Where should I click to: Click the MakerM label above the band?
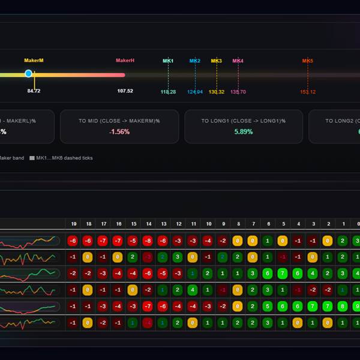coord(34,61)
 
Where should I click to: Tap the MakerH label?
coord(125,61)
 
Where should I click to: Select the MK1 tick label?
coord(168,61)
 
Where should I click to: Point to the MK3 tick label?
coord(217,61)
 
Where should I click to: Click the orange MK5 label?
coord(308,61)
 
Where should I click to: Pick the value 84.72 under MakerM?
coord(34,91)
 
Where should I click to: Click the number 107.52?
coord(125,91)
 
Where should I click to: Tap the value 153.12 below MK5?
coord(308,92)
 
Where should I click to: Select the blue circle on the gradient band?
coord(28,73)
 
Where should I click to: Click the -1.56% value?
coord(119,132)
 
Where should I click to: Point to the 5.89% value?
coord(243,132)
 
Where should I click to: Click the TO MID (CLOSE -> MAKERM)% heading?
coord(119,121)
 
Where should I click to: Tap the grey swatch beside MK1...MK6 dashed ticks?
coord(32,158)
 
